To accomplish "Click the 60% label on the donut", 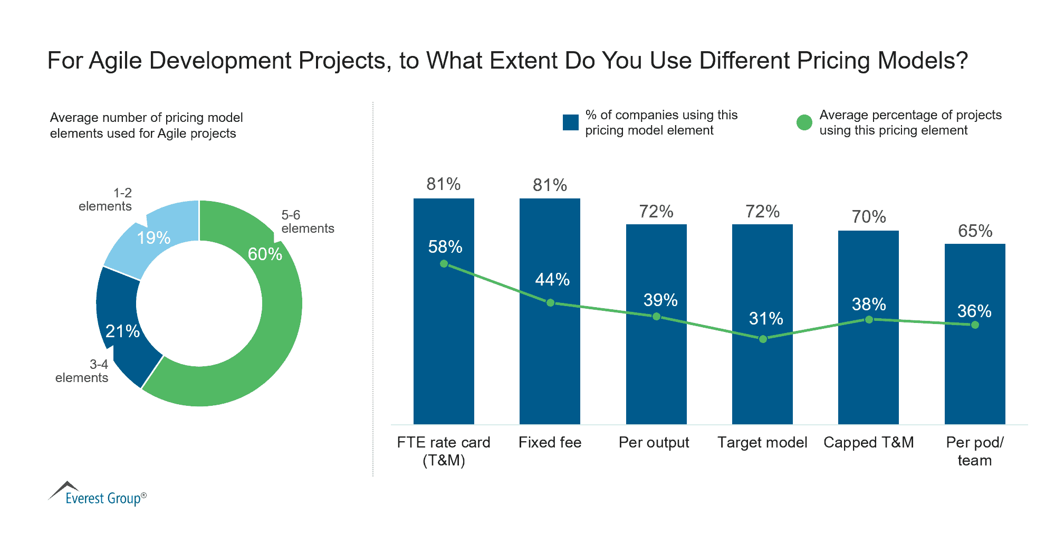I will pos(265,254).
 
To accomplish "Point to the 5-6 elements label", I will pos(307,222).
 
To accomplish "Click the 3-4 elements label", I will pos(82,371).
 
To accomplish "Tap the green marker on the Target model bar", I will pos(763,339).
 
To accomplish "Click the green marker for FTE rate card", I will pos(444,263).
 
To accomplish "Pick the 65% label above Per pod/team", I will pos(975,231).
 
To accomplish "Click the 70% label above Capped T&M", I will pos(868,217).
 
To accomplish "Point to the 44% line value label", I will pos(552,279).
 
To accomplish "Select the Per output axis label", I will pos(654,442).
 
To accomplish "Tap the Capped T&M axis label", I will pos(868,442).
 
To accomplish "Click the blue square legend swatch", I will pos(571,122).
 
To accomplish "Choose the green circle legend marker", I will pos(804,122).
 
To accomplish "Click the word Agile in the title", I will pos(116,61).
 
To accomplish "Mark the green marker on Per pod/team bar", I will pos(975,325).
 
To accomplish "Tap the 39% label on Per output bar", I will pos(660,300).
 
